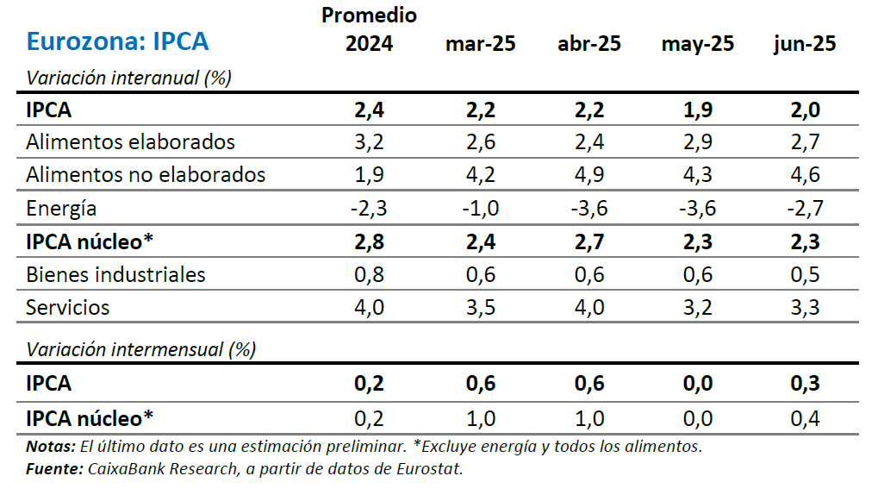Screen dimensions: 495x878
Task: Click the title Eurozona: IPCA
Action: tap(117, 41)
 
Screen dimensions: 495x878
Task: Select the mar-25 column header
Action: tap(480, 44)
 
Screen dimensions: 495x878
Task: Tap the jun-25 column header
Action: tap(805, 44)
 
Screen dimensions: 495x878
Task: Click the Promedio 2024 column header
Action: tap(369, 29)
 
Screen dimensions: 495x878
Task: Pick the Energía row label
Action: tap(61, 208)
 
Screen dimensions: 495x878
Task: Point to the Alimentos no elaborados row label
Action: tap(146, 174)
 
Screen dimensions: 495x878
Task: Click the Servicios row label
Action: tap(68, 307)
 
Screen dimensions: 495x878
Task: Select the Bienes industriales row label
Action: tap(115, 274)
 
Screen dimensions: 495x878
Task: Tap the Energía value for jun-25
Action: tap(804, 208)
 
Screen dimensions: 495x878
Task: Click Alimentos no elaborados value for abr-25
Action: tap(589, 174)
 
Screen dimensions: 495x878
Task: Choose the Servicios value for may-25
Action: tap(697, 307)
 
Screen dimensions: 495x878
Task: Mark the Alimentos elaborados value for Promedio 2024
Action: tap(369, 141)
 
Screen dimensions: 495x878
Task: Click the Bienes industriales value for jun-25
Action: tap(805, 274)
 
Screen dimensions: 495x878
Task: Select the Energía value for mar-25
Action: tap(480, 208)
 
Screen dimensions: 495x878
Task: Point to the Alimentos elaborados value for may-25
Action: tap(697, 141)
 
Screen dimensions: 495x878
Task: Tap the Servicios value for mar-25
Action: tap(480, 307)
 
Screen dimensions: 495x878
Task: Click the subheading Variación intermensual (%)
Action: tap(141, 349)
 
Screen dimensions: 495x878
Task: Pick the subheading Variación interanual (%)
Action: tap(129, 78)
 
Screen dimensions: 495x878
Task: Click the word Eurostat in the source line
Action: tap(432, 469)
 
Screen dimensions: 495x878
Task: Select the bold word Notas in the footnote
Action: tap(49, 447)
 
